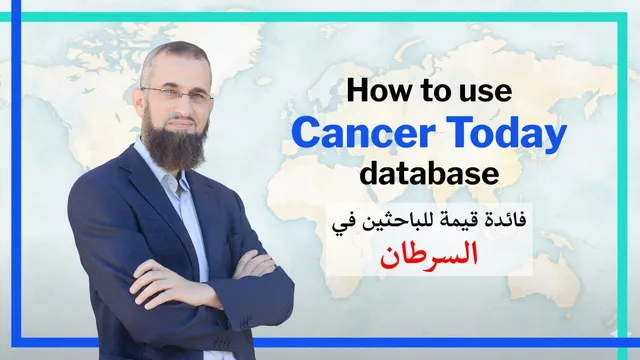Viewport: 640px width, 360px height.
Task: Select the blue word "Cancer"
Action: (x=363, y=132)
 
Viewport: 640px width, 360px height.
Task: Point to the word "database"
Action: (x=429, y=173)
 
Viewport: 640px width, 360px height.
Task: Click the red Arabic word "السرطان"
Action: (x=429, y=254)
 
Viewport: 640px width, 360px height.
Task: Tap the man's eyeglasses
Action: (x=178, y=94)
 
